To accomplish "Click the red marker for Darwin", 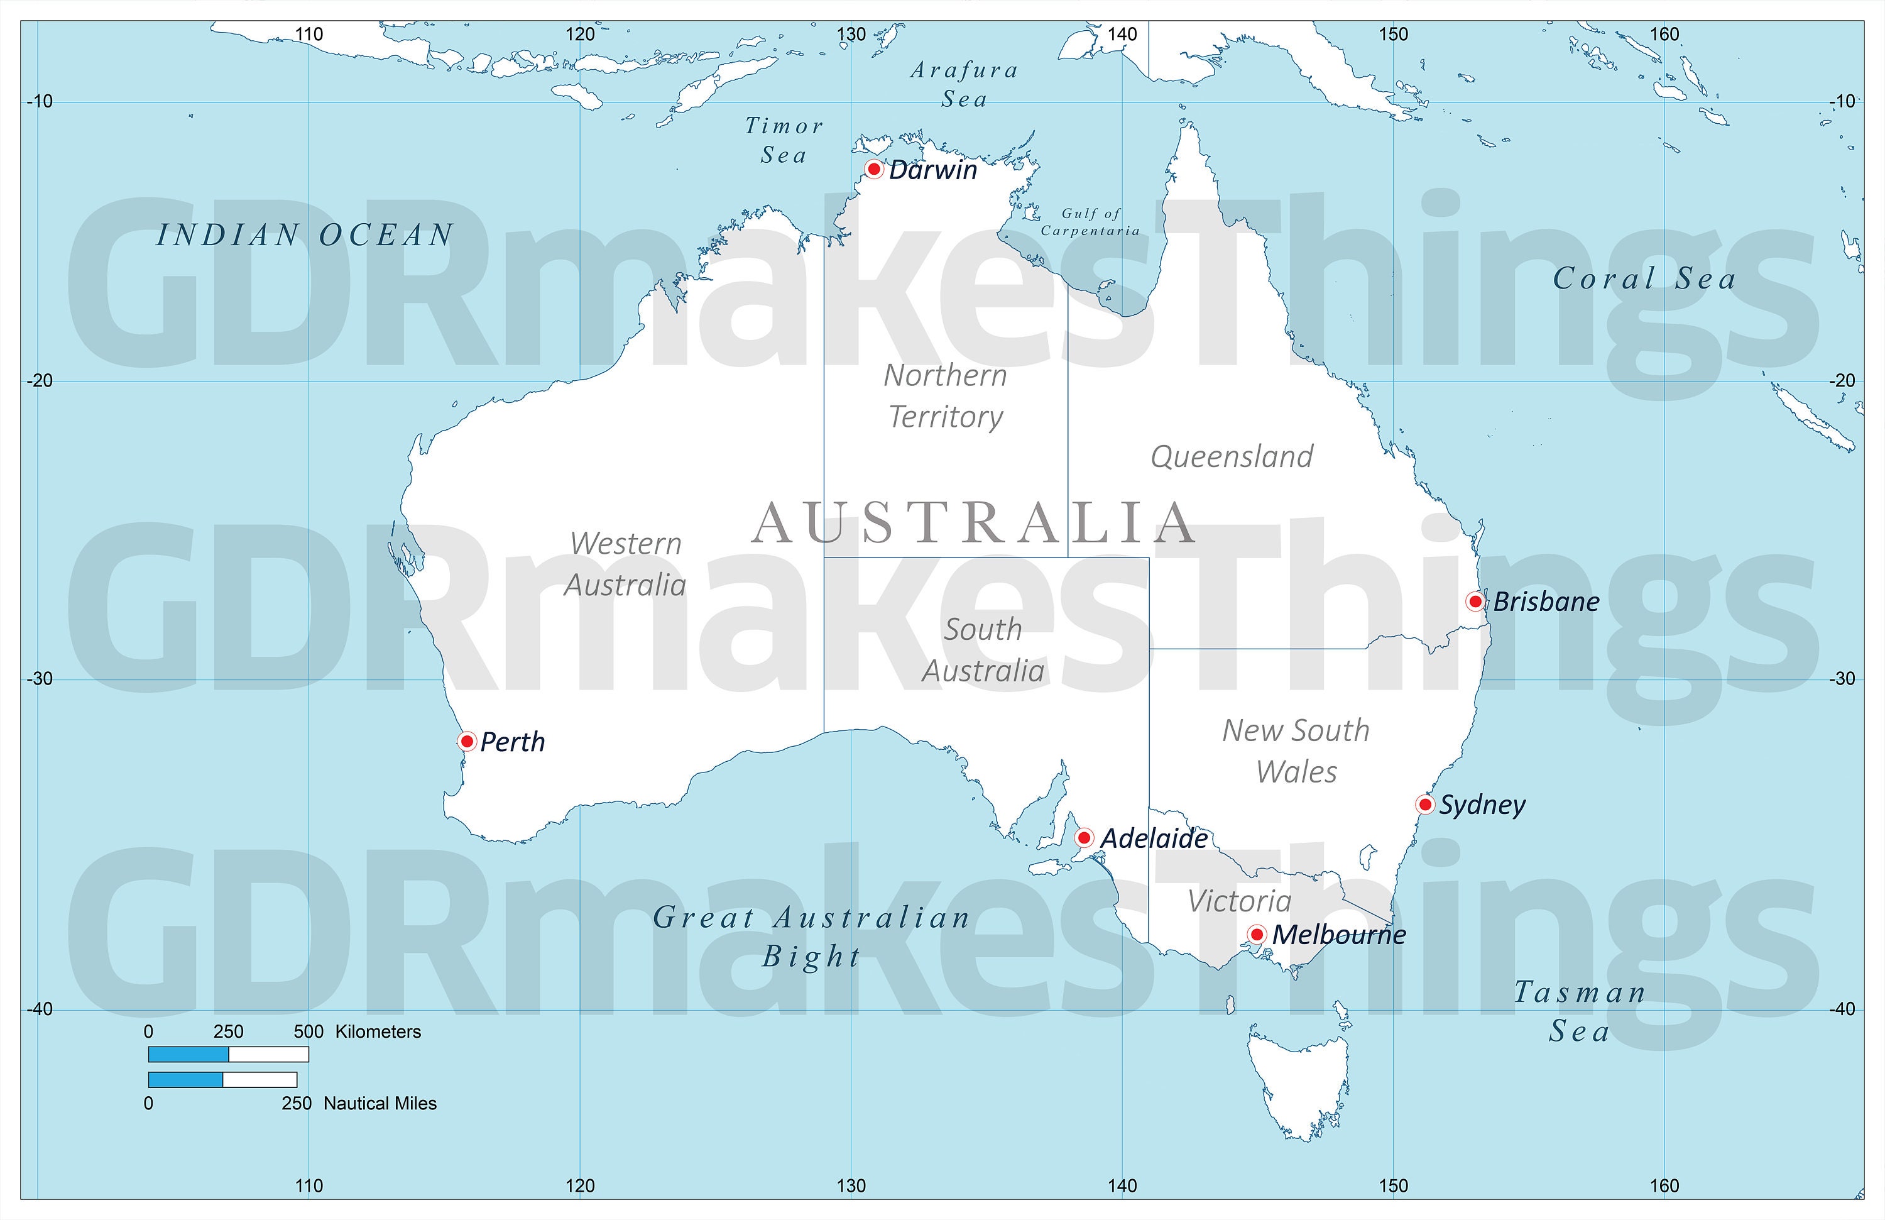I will pyautogui.click(x=873, y=168).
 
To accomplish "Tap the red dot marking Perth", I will pyautogui.click(x=466, y=740).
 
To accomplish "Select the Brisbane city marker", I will pyautogui.click(x=1475, y=602).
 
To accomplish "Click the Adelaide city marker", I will pyautogui.click(x=1085, y=837).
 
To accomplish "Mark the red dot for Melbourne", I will pyautogui.click(x=1256, y=934).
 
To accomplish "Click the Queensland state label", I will pyautogui.click(x=1232, y=456).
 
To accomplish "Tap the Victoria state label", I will pyautogui.click(x=1240, y=901).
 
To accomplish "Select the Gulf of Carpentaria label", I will pyautogui.click(x=1091, y=222).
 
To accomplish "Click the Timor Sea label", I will pyautogui.click(x=784, y=140).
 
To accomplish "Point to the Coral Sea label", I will pyautogui.click(x=1644, y=278).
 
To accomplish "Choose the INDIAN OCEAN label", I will pyautogui.click(x=305, y=235).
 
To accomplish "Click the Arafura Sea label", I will pyautogui.click(x=964, y=84).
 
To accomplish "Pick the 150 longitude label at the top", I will pyautogui.click(x=1393, y=34).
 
